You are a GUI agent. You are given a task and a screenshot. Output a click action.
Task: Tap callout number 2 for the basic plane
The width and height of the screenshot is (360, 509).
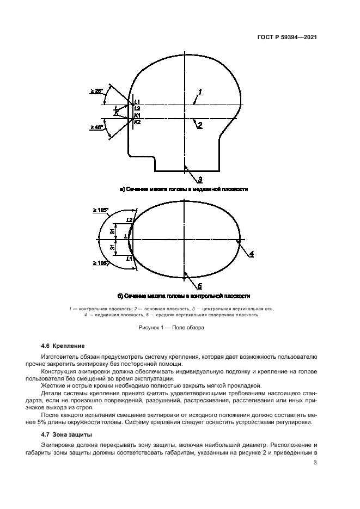200,125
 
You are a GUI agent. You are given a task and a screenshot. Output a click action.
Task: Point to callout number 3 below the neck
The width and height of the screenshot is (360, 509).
200,179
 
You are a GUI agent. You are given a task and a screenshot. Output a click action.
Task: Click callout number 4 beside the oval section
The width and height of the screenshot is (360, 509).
252,254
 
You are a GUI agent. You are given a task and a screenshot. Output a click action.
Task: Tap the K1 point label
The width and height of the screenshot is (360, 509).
137,115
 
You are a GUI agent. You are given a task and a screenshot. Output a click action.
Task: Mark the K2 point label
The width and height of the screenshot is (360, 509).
137,122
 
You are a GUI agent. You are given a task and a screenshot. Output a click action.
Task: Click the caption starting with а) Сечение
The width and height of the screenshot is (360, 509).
184,189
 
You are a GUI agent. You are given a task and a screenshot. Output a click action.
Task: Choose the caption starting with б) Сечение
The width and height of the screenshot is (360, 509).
184,296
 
